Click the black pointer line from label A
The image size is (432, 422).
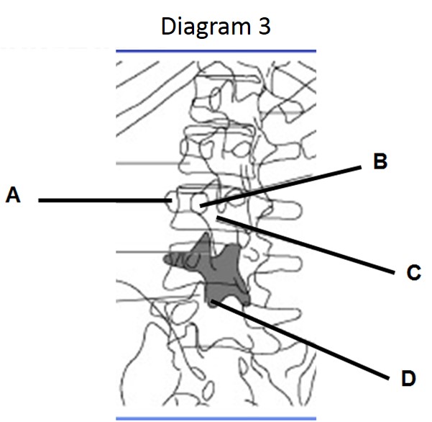tap(101, 200)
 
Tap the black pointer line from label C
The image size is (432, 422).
tap(309, 246)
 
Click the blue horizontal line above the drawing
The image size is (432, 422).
tap(216, 51)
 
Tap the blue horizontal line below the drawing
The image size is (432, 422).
tap(216, 418)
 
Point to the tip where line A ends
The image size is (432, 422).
tap(170, 200)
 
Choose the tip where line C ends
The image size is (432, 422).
tap(218, 216)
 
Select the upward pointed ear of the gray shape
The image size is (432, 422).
tap(206, 236)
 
